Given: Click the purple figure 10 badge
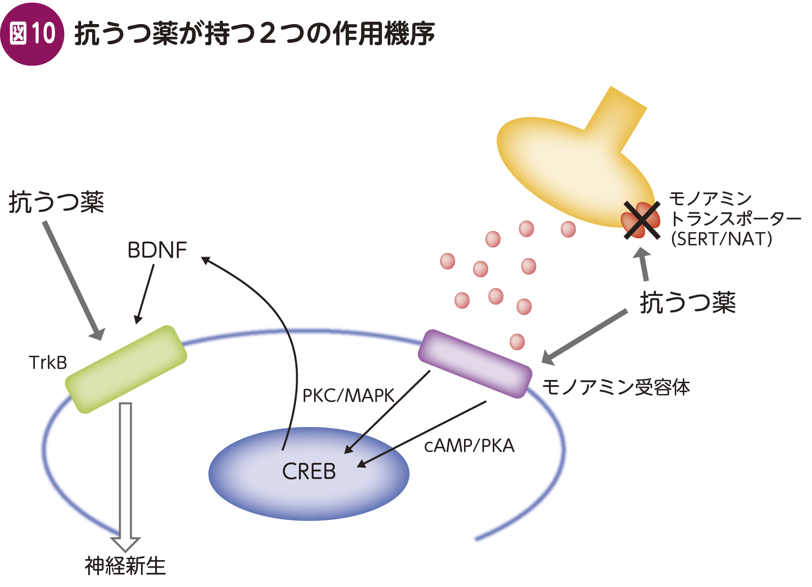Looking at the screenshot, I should coord(32,34).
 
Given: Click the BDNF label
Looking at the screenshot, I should coord(157,250).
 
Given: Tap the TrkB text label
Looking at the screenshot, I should coord(48,362).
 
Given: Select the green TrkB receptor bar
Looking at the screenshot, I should coord(126,369).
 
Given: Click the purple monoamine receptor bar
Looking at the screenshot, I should coord(475,364).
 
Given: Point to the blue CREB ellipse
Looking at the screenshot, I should coord(309,473).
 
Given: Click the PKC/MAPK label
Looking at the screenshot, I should coord(348,395).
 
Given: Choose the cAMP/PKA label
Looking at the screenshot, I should coord(469,445).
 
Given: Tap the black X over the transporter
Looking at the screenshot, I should coord(642,220).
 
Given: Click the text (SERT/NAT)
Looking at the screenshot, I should coord(721,239).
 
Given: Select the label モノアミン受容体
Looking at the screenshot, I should coord(616,387).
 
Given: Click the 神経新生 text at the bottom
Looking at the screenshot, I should coord(125,566).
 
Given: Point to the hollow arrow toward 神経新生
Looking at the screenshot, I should coord(125,477).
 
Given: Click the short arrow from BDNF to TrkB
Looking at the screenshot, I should coord(145,293).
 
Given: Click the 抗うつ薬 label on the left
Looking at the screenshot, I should coord(56,202).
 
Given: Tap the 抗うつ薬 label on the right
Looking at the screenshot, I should coord(688,302).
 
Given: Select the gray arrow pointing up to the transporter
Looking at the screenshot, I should coord(643,264).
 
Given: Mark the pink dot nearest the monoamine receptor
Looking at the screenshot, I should coord(517,341).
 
